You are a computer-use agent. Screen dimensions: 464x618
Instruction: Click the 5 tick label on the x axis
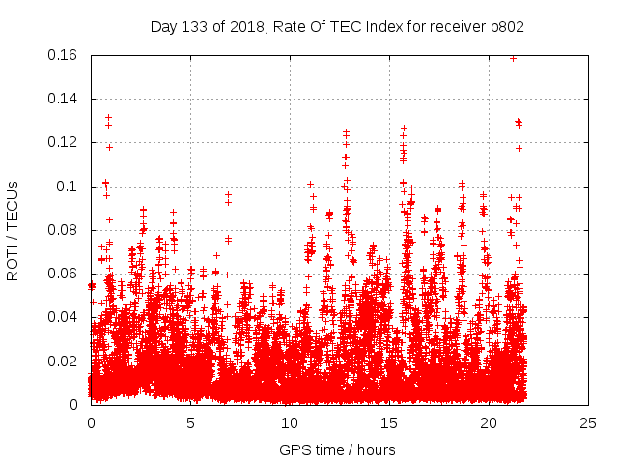190,423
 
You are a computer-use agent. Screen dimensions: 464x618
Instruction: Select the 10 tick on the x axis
290,423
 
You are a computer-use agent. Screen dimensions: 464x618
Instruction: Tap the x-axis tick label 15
389,423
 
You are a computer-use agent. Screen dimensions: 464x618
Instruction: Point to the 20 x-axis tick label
489,423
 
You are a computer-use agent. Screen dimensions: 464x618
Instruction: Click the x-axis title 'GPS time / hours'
337,449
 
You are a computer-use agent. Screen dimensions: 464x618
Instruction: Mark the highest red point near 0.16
513,58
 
